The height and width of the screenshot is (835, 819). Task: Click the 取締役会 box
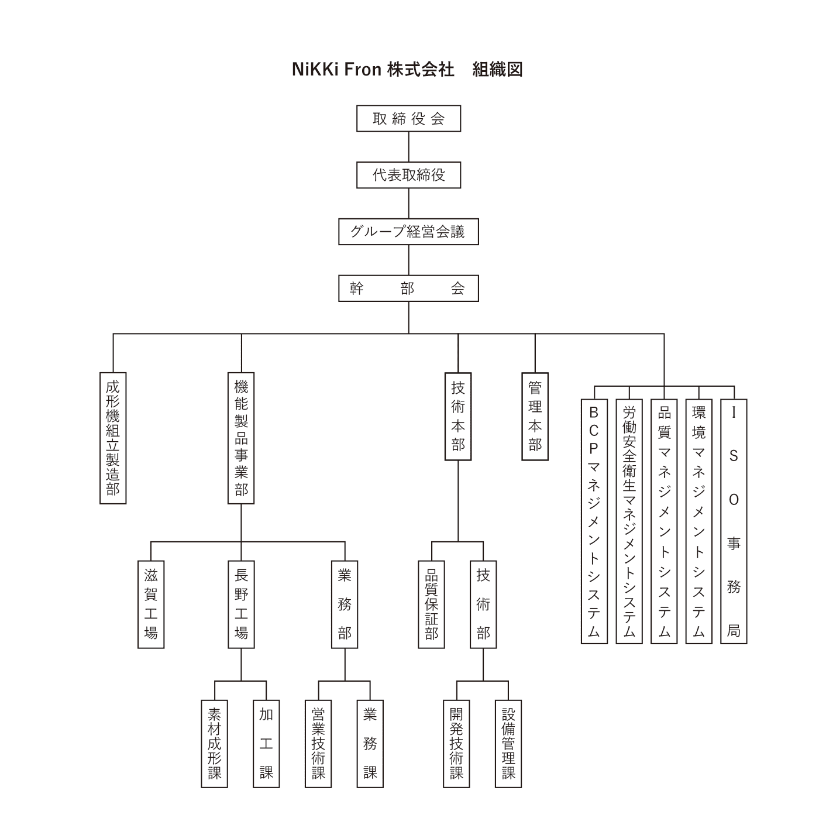(x=408, y=118)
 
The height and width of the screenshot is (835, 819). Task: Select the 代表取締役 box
(x=408, y=175)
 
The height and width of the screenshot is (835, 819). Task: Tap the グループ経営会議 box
(x=408, y=232)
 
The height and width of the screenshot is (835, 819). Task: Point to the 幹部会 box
(x=408, y=288)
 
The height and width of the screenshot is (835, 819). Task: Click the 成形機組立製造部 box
(x=113, y=438)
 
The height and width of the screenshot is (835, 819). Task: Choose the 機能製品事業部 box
(x=241, y=438)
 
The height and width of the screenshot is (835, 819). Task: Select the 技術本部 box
(x=458, y=417)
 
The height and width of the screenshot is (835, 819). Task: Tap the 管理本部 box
(x=535, y=417)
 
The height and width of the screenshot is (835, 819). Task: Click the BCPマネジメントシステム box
(x=594, y=521)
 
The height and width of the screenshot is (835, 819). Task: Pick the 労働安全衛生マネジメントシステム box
(x=629, y=521)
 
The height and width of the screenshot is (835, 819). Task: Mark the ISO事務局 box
(x=734, y=521)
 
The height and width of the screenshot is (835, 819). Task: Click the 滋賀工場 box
(x=151, y=604)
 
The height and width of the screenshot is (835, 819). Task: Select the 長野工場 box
(x=241, y=604)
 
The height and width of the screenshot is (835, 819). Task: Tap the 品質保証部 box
(x=431, y=604)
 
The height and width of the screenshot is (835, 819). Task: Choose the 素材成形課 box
(x=214, y=744)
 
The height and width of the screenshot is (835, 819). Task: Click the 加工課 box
(x=266, y=744)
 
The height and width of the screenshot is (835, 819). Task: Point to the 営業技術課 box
(x=318, y=744)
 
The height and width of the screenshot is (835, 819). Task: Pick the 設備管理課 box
(x=508, y=744)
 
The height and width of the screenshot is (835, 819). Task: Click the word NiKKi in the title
(x=315, y=69)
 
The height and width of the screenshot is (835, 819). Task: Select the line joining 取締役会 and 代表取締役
(x=409, y=147)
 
